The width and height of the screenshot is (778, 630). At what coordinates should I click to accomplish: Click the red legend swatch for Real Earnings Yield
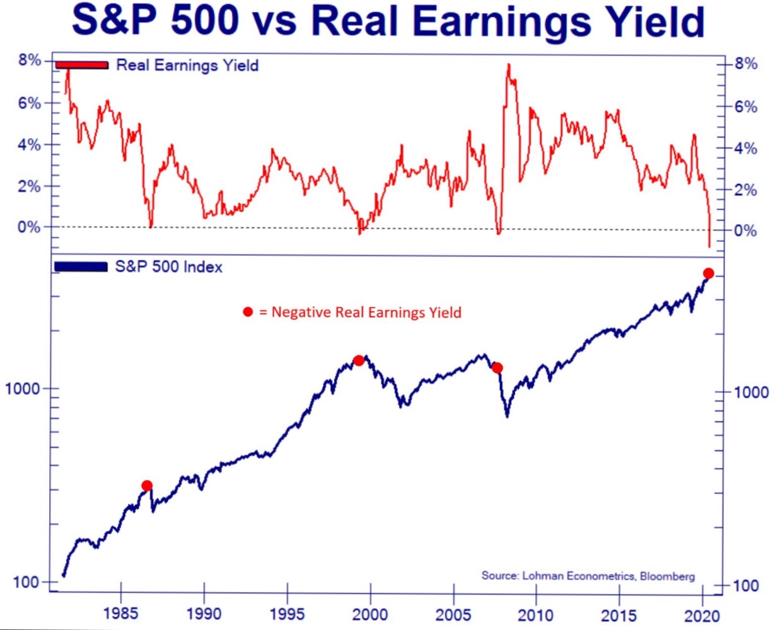point(82,65)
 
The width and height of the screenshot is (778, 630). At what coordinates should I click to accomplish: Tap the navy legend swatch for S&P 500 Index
point(81,267)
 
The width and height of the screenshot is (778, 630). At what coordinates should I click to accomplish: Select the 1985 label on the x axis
point(120,613)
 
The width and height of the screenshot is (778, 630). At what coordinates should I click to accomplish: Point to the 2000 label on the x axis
point(370,614)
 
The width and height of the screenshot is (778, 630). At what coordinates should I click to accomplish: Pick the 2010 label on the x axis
point(536,614)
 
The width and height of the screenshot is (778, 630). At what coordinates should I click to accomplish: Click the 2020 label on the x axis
point(702,614)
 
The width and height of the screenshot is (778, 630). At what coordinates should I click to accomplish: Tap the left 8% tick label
point(30,60)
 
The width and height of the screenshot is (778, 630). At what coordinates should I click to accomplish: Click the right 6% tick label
point(746,106)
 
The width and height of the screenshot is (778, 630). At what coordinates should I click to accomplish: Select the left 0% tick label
point(29,227)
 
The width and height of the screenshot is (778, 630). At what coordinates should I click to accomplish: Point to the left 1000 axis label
point(22,389)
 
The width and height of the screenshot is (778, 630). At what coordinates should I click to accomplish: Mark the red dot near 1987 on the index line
point(147,486)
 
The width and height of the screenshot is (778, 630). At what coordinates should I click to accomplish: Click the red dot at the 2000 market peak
point(359,360)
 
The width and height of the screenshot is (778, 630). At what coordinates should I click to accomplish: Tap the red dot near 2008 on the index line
point(497,368)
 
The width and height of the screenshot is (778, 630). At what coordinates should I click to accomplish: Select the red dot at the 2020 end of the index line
point(708,273)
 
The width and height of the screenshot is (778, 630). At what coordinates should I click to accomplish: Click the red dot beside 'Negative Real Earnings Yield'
point(248,312)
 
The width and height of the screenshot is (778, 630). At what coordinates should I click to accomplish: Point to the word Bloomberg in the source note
point(667,576)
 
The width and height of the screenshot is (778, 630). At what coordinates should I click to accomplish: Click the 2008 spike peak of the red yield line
point(508,65)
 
